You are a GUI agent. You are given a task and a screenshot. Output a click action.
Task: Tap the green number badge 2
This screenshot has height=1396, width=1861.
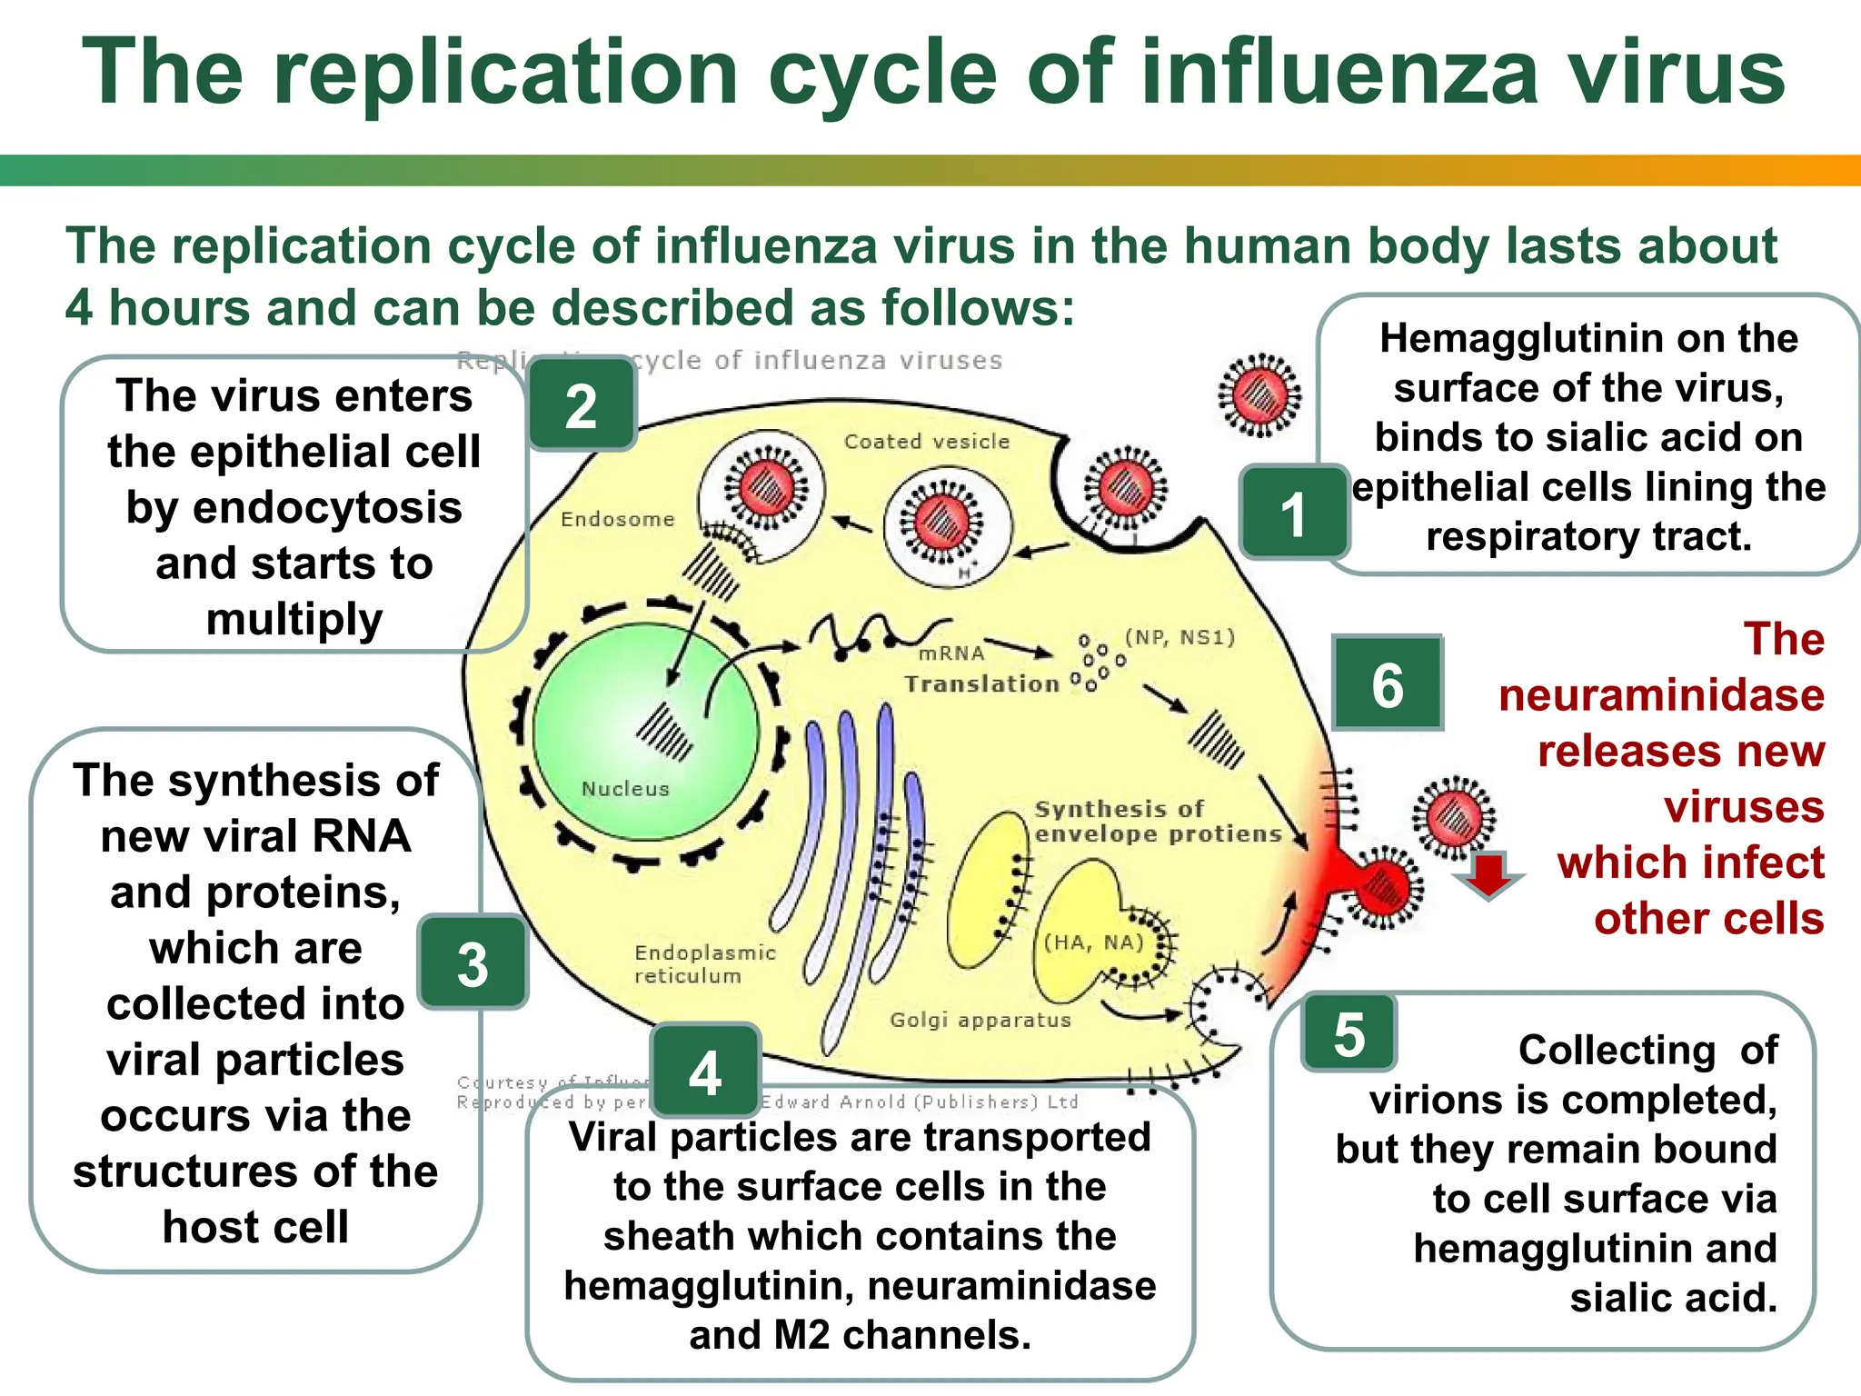(582, 405)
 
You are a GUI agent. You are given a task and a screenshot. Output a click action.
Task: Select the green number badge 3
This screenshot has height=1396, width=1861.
(473, 962)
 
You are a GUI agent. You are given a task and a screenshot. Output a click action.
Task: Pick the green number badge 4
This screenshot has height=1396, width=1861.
(705, 1072)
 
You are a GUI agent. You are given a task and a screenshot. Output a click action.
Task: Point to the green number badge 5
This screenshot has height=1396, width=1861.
(1348, 1033)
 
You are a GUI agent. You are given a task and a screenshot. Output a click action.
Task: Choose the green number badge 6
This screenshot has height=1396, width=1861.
(1388, 683)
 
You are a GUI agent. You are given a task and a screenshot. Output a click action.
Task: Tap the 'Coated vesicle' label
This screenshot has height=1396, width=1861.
(926, 442)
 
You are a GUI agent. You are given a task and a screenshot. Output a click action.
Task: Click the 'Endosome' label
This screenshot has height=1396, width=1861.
(617, 519)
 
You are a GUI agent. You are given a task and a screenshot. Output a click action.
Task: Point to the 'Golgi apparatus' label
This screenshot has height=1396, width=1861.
(980, 1020)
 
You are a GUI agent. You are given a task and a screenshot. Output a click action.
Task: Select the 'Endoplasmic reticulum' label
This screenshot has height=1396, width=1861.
(704, 963)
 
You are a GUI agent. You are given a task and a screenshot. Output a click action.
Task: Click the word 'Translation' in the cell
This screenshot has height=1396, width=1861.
(981, 683)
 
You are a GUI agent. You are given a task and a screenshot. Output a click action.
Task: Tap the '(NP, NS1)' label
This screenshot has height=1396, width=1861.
(1179, 637)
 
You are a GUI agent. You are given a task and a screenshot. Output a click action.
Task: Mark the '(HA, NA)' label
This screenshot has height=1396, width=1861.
(1093, 942)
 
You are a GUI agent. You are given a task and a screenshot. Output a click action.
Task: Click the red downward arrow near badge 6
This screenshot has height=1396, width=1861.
(1488, 874)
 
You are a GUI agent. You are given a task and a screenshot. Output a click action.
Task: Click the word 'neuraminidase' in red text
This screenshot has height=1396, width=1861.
(1661, 695)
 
